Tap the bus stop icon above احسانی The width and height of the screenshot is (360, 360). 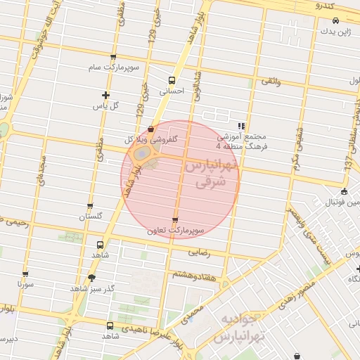[172, 80]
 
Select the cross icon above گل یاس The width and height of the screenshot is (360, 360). [105, 95]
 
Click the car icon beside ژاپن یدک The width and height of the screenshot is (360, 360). [335, 21]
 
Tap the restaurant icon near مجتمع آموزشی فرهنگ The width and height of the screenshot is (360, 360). [240, 126]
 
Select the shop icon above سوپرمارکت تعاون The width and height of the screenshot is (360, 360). [175, 220]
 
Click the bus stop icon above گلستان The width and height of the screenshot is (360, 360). [89, 207]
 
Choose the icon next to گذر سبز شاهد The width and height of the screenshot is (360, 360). [91, 278]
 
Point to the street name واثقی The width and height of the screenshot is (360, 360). [271, 82]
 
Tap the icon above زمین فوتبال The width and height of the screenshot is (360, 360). [343, 192]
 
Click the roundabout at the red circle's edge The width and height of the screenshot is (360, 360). [143, 153]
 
